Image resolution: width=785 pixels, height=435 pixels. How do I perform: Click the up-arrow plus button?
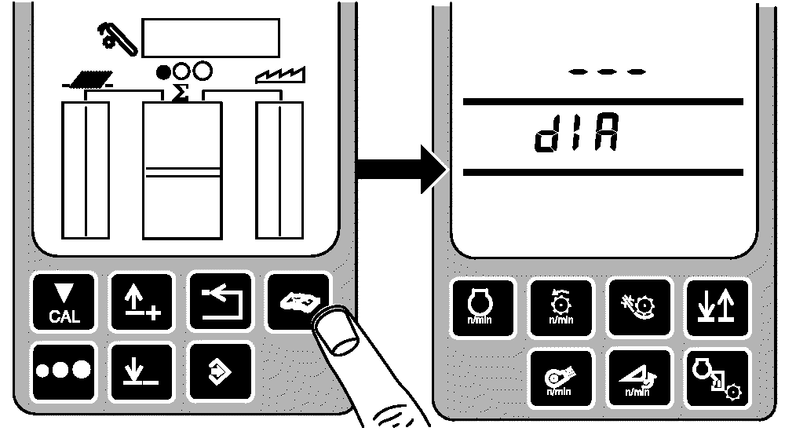tap(140, 302)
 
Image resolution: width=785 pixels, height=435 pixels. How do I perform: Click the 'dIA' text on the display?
tap(575, 136)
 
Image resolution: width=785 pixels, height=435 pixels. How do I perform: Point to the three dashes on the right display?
tap(607, 71)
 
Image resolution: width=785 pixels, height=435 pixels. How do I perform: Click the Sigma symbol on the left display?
tap(181, 92)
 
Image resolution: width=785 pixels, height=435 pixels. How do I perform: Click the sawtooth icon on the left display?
tap(279, 76)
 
